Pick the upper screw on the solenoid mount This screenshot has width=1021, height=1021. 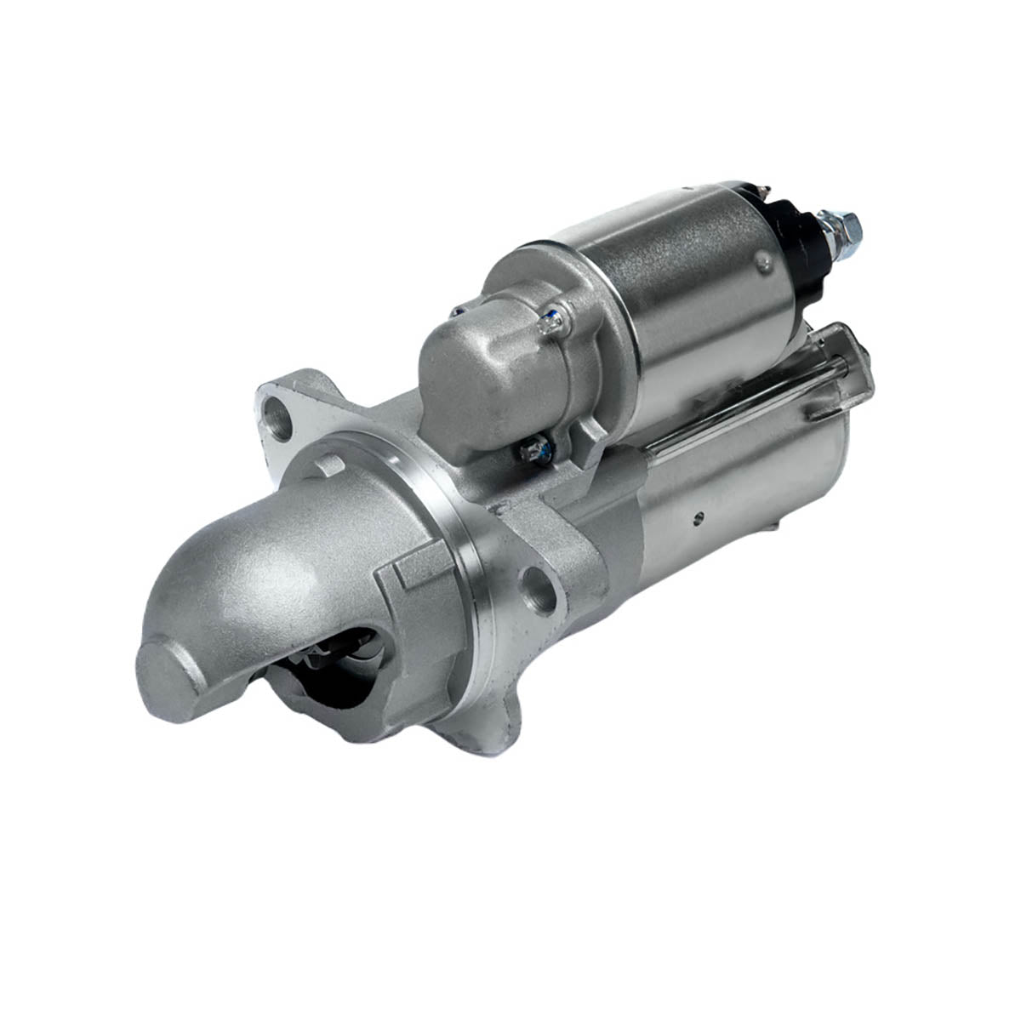[554, 320]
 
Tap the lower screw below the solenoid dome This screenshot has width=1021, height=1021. [537, 448]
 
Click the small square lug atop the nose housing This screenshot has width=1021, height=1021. [330, 466]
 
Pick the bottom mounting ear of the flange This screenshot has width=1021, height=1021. [485, 732]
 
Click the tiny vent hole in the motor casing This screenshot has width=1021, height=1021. [699, 514]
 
